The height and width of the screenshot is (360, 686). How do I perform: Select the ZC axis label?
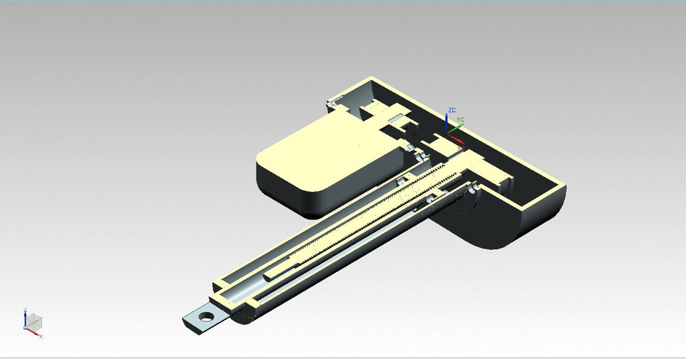point(451,111)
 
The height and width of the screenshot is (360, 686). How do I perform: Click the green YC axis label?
point(461,120)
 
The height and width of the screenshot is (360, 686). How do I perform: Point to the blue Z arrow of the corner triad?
point(25,316)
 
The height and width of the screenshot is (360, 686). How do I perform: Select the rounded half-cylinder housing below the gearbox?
point(493,225)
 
